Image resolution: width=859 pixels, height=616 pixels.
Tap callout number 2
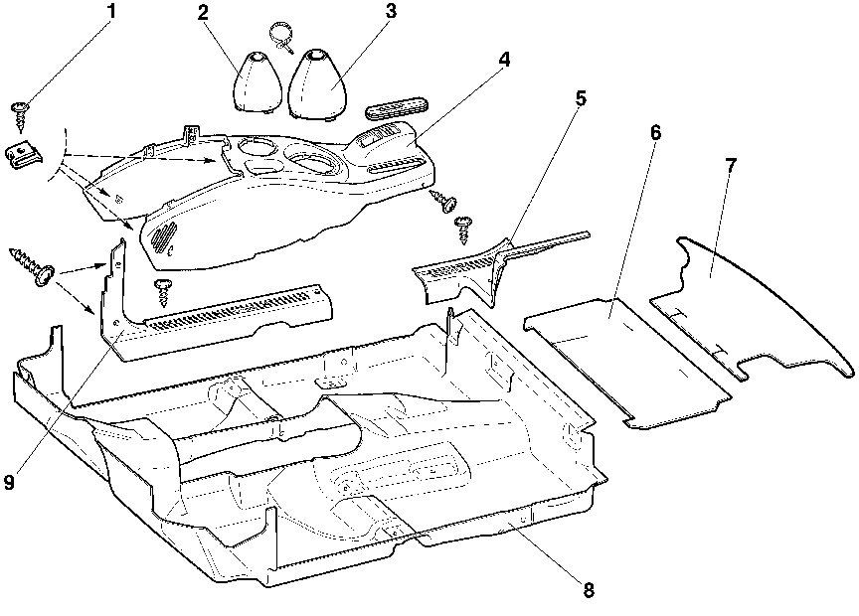203,13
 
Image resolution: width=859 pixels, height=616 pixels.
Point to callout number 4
506,60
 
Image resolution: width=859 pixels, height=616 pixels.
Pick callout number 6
655,132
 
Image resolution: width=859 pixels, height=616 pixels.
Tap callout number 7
731,165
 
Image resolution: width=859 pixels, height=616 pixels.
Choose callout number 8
589,590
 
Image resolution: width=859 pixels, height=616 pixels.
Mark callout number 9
9,482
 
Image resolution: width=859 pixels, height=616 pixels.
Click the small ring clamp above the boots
280,34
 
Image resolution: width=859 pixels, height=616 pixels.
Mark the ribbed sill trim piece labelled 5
467,266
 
